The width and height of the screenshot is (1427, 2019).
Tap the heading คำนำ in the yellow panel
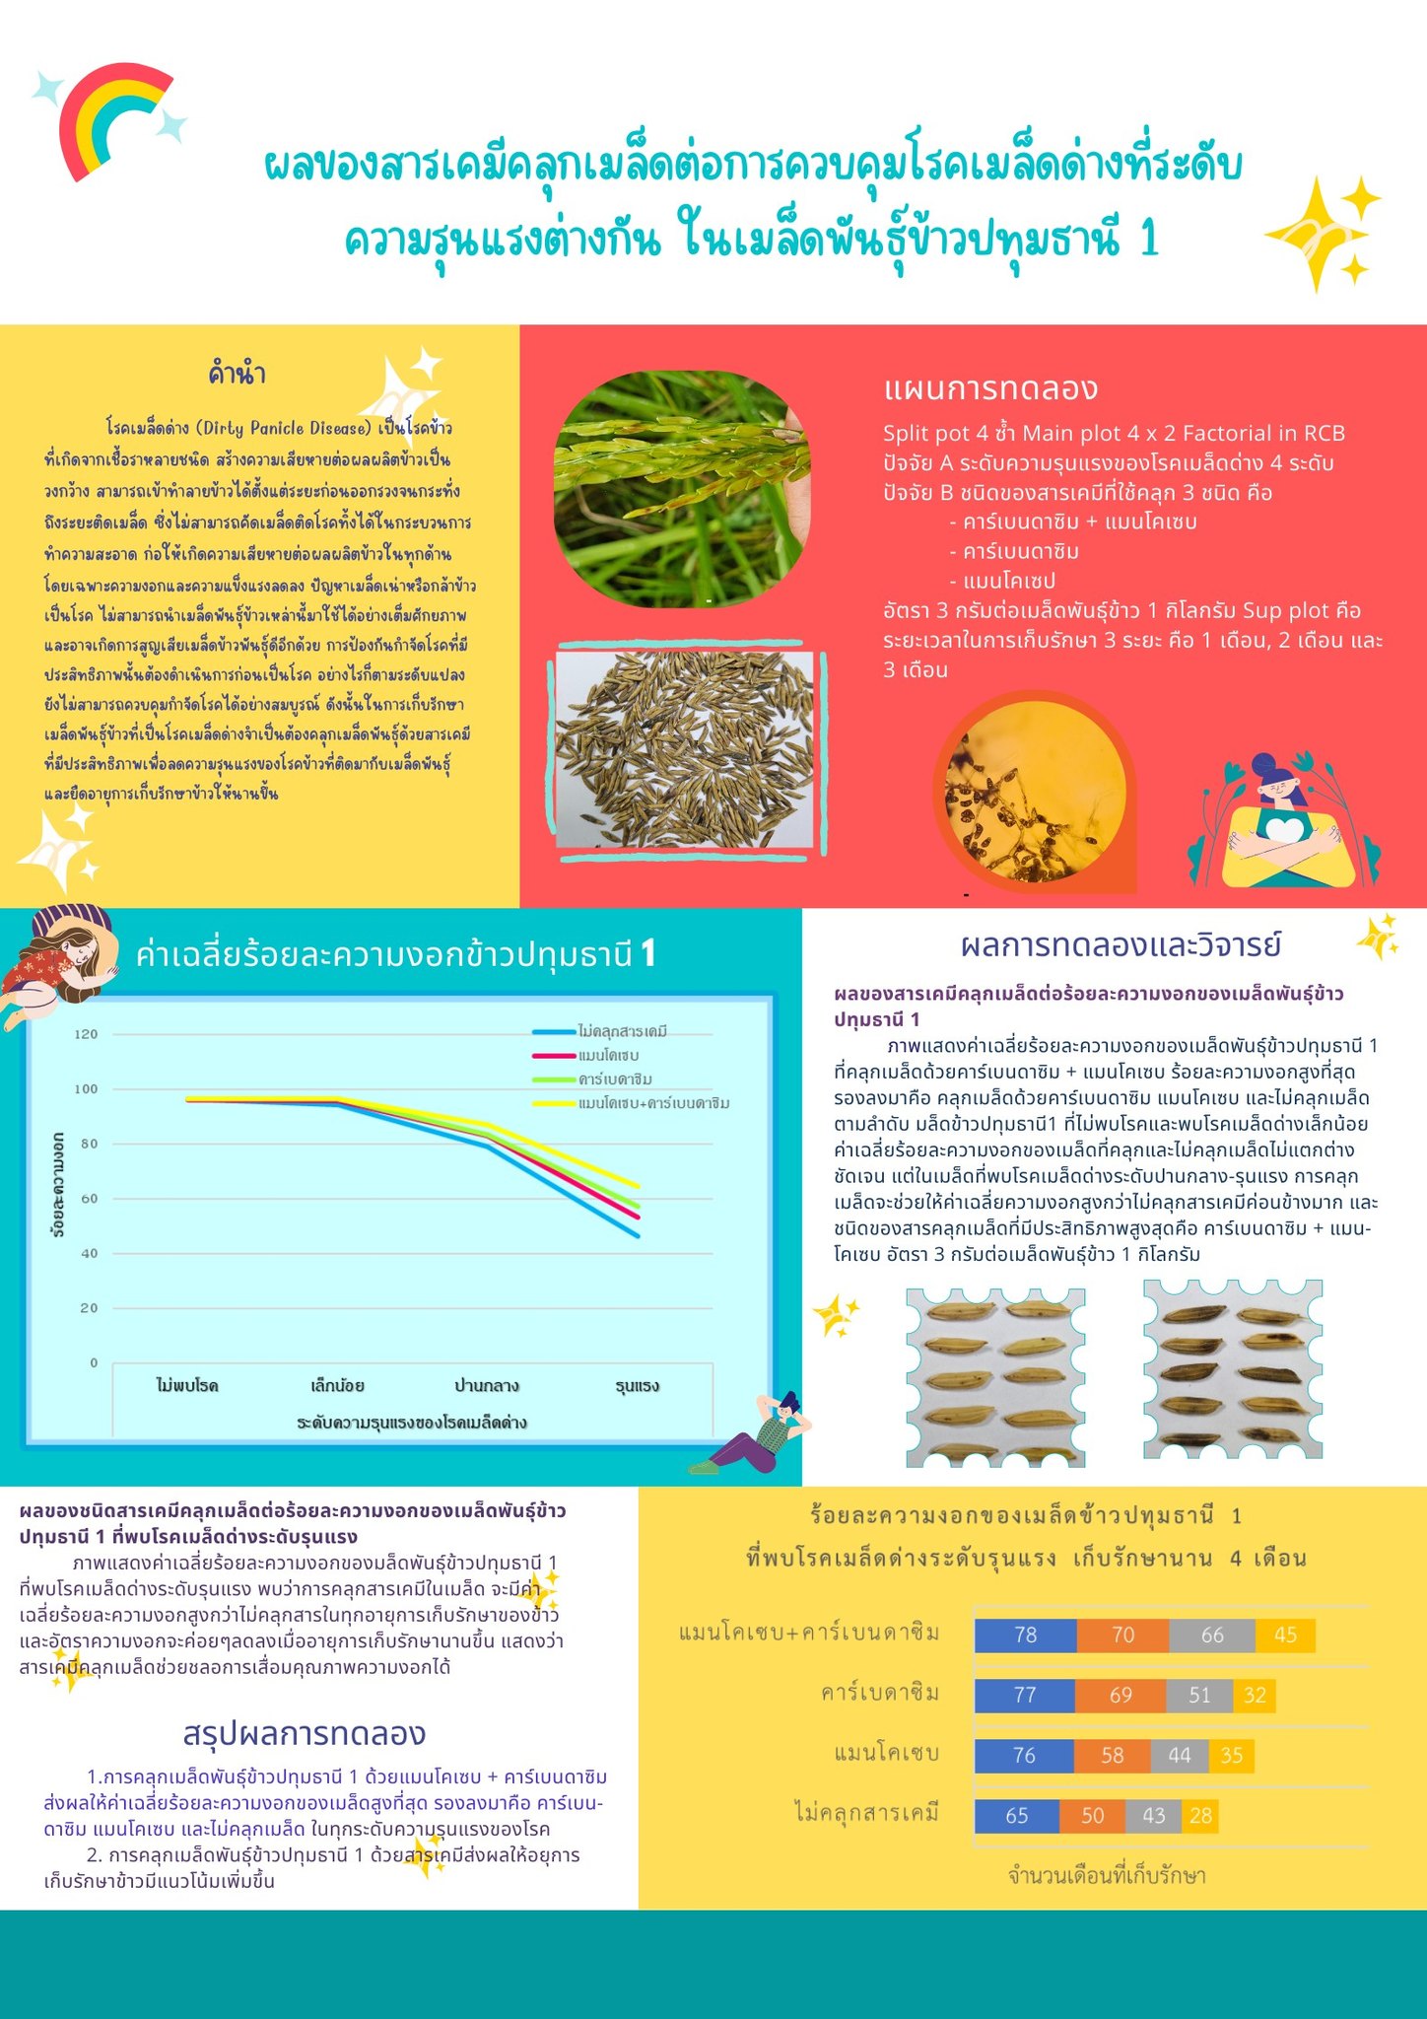pos(237,374)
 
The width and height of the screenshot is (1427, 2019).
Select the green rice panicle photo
pos(681,488)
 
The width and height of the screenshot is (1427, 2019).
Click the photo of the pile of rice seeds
pos(685,749)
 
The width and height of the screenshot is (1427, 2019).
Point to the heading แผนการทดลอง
pos(989,388)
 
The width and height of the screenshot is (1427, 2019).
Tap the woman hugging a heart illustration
pos(1281,823)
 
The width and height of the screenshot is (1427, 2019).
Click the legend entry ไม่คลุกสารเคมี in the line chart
pos(622,1031)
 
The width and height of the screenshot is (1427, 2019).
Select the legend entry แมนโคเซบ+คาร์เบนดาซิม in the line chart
pos(653,1103)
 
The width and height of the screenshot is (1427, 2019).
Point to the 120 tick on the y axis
pos(87,1034)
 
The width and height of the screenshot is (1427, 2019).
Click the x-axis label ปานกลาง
pos(487,1386)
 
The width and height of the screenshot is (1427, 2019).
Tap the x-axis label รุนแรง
pos(637,1386)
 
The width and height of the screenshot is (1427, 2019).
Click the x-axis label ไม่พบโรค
pos(187,1386)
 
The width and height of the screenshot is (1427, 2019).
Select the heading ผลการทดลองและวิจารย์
pos(1121,945)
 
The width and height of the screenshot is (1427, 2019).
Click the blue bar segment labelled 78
pos(1026,1636)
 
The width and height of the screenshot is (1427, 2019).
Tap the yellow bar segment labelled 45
pos(1285,1636)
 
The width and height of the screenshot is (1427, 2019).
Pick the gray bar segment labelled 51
pos(1198,1696)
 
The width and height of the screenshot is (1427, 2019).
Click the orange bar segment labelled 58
pos(1112,1756)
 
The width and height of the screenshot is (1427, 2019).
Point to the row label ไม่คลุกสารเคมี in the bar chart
pos(866,1813)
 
